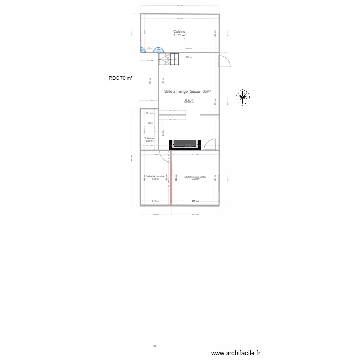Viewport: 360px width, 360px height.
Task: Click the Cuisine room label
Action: (x=180, y=32)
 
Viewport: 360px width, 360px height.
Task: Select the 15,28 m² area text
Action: (x=180, y=36)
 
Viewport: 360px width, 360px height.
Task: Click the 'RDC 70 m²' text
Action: (x=120, y=78)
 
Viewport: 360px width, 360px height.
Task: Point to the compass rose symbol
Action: (x=243, y=97)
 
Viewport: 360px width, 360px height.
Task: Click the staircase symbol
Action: (x=169, y=60)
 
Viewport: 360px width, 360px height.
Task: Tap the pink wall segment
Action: (x=170, y=178)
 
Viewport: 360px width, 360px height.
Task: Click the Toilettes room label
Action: (x=149, y=138)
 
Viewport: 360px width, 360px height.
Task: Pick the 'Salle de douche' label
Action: (x=155, y=176)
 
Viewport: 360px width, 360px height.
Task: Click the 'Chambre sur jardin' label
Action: (x=195, y=177)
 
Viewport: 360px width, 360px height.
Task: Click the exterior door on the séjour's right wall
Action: (x=225, y=61)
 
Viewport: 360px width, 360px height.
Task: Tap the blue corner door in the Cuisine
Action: (x=143, y=49)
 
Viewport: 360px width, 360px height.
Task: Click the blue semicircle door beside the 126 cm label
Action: (x=158, y=49)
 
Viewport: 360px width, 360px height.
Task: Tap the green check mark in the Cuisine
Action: (x=185, y=39)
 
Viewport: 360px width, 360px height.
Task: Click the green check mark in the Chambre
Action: (x=213, y=204)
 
